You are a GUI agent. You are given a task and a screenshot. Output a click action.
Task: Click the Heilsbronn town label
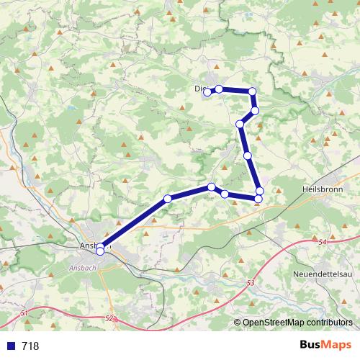318,187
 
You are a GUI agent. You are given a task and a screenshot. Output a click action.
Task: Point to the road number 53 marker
251,284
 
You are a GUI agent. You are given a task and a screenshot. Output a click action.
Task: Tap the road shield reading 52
109,318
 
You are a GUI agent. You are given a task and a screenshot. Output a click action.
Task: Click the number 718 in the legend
31,346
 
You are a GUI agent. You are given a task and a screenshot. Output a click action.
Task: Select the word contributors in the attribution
331,323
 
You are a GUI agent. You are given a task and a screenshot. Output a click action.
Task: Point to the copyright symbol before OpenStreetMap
238,323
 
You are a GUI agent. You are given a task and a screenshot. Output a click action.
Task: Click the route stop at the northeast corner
252,91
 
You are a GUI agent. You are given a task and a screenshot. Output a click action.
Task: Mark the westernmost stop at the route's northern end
207,91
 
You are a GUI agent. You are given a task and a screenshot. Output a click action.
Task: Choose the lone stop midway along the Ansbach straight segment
167,198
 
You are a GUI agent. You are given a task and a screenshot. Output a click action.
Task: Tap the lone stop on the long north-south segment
248,155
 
